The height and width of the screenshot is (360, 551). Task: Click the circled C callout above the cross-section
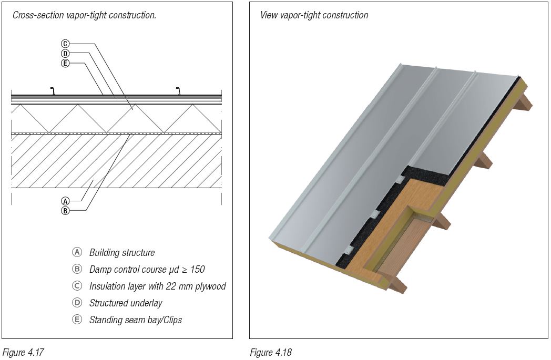(x=65, y=44)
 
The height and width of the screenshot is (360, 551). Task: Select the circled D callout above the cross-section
(x=65, y=54)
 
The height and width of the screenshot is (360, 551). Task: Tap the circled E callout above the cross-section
(x=65, y=63)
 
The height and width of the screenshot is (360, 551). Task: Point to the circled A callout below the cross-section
(x=65, y=201)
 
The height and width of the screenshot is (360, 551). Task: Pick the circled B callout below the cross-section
(x=65, y=210)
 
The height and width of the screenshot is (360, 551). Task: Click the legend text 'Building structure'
(x=122, y=253)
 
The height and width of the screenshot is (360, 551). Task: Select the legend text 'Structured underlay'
(x=126, y=303)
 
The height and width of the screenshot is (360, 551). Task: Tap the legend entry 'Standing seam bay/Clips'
(x=135, y=320)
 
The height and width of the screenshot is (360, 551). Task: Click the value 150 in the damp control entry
(x=197, y=270)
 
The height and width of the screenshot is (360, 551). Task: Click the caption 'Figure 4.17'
(x=21, y=352)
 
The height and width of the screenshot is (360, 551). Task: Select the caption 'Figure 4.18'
(x=270, y=352)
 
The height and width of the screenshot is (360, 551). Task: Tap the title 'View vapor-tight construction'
(x=314, y=15)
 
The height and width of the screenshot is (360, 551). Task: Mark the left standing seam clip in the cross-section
(x=52, y=91)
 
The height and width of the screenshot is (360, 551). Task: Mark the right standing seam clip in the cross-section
(x=179, y=91)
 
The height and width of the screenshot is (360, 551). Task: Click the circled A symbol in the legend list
(x=77, y=252)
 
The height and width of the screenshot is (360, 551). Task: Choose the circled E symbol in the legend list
(x=77, y=320)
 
